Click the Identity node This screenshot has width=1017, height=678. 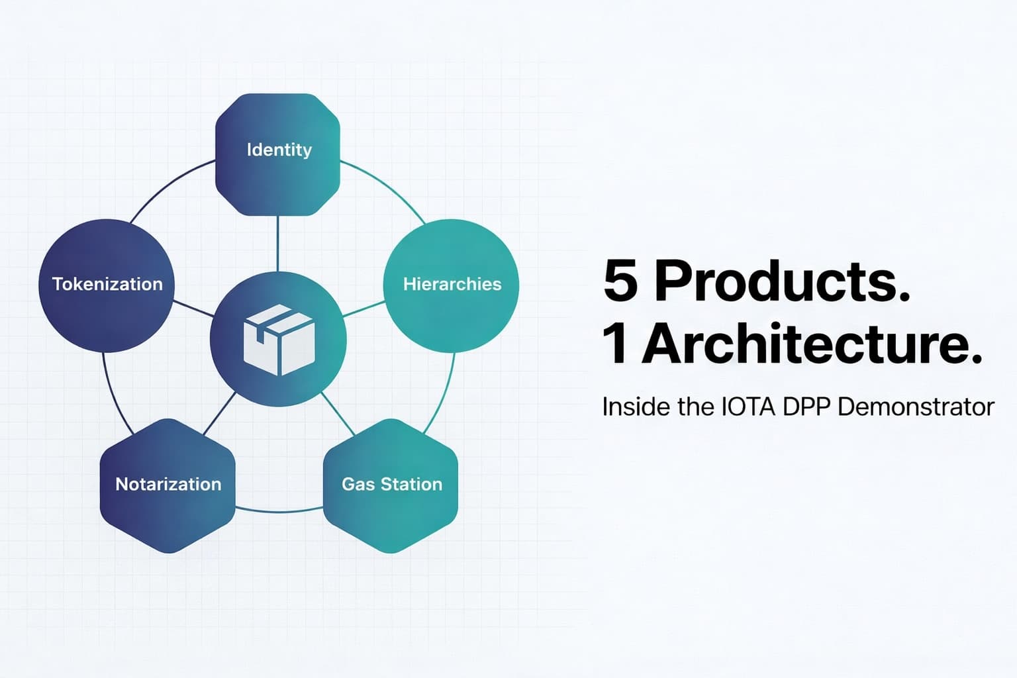coord(278,154)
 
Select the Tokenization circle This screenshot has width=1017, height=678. coord(107,285)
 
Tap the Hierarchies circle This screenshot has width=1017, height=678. coord(452,285)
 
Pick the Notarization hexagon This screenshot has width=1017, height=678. coord(168,485)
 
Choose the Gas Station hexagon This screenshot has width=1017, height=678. coord(391,485)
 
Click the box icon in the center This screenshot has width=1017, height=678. coord(279,339)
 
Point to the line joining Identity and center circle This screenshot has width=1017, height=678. coord(278,243)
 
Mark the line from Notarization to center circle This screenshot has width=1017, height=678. coord(219,414)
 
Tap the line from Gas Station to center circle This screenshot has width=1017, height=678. coord(338,414)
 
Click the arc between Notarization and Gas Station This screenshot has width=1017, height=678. coord(279,511)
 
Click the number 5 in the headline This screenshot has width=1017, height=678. coord(620,281)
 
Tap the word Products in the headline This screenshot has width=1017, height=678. coord(782,281)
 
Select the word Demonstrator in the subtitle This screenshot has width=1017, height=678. coord(916,407)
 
